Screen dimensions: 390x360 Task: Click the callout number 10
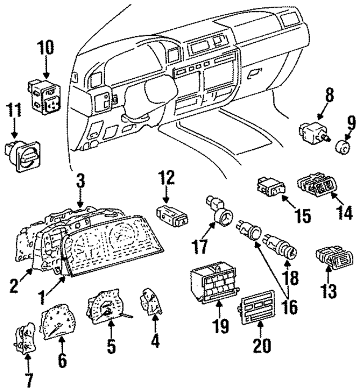pos(46,48)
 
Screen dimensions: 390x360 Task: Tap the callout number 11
pos(14,111)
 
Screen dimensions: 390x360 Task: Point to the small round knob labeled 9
pos(340,149)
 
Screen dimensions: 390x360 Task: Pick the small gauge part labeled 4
pos(151,303)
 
